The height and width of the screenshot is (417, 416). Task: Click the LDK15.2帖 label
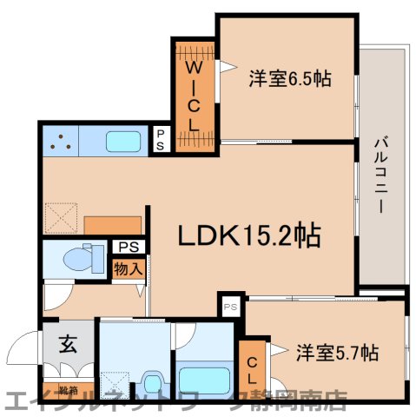[250, 235]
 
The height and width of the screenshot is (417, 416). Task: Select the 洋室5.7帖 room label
[337, 353]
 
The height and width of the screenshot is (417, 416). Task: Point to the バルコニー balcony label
[380, 175]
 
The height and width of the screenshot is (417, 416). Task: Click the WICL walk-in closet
[195, 96]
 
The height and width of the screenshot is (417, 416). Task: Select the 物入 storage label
[128, 269]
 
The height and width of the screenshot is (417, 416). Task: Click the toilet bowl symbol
[80, 258]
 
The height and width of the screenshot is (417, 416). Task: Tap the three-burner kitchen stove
[60, 140]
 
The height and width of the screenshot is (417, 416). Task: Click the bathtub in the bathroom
[203, 379]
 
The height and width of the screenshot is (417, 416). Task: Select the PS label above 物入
[128, 247]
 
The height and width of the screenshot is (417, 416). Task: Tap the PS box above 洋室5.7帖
[230, 307]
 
